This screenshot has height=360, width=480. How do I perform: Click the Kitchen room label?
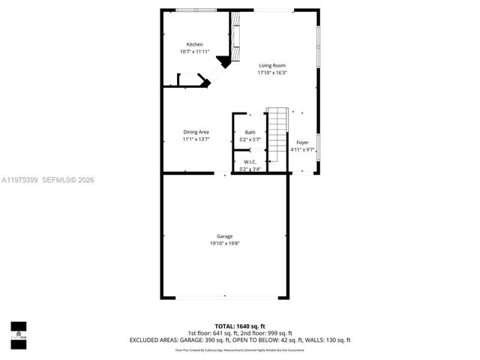click(194, 44)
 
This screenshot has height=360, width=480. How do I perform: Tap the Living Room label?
click(272, 65)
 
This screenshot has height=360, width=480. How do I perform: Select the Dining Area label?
click(196, 132)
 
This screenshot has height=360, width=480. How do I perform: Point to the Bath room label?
click(250, 133)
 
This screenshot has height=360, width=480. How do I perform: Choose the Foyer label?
click(302, 142)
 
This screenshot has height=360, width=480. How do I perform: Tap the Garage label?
click(224, 236)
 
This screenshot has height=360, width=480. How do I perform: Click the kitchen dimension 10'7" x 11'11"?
click(194, 52)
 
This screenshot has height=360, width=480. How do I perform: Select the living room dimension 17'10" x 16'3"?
click(272, 73)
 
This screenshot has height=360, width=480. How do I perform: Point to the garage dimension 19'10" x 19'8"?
click(224, 244)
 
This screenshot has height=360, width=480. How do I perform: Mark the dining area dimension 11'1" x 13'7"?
click(196, 139)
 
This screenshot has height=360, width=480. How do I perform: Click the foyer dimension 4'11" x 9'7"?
click(302, 149)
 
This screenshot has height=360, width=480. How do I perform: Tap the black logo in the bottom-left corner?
click(18, 331)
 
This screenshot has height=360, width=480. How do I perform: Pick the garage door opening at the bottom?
click(224, 298)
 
